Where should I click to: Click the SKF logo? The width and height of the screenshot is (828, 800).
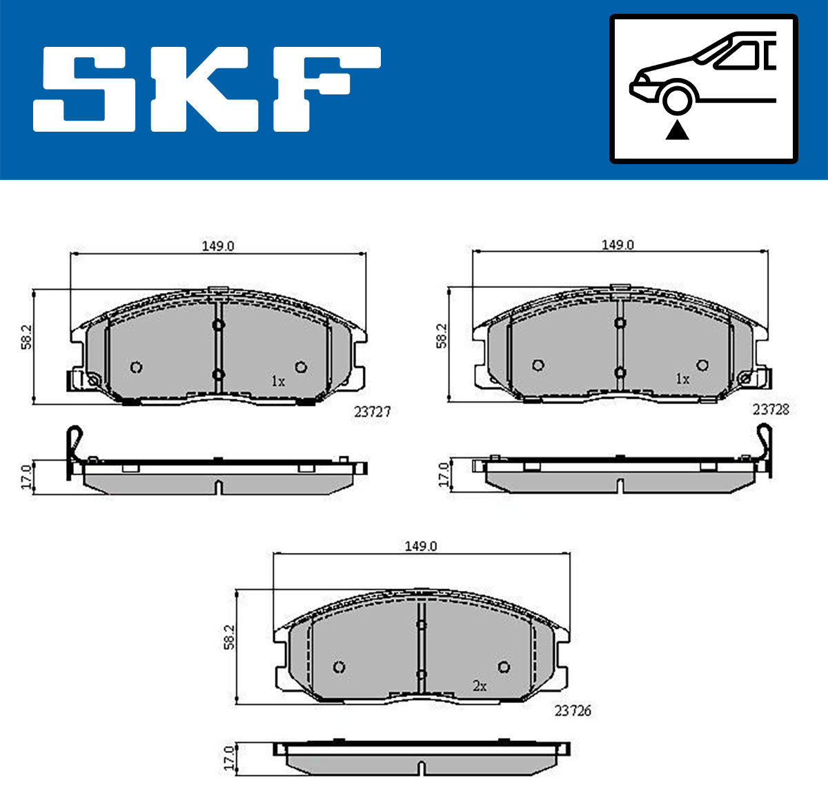coord(207,89)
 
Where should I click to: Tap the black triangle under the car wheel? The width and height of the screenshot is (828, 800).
coord(677,130)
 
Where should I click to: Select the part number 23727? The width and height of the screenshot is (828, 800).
coord(373,412)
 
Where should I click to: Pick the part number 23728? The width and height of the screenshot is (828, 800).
coord(771,410)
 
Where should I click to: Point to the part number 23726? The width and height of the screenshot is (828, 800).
coord(573,710)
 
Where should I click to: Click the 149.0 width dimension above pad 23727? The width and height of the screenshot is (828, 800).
coord(218,246)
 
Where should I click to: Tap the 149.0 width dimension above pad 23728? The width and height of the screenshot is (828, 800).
coord(618,245)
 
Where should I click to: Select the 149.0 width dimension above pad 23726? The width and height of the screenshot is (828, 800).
coord(420,546)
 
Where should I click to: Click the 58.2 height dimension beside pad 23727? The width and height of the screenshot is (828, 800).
coord(26,337)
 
